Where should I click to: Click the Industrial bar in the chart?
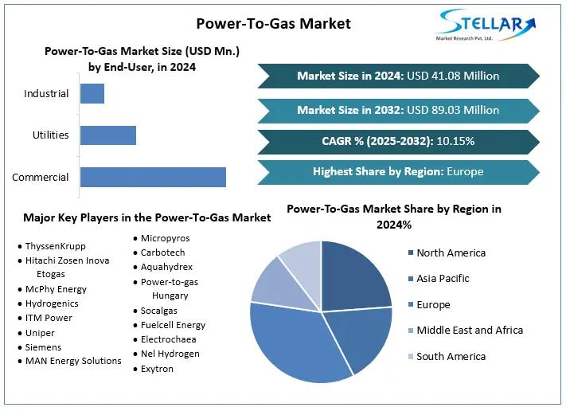(x=92, y=93)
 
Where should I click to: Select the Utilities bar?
(x=108, y=135)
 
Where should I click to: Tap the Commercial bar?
(x=153, y=177)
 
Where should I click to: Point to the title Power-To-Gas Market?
(x=273, y=23)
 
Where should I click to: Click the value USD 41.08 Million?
(x=453, y=76)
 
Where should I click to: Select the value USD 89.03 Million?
(x=453, y=110)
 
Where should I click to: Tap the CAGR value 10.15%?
(x=454, y=141)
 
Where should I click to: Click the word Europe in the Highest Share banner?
(x=465, y=171)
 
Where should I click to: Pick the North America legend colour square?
(x=410, y=253)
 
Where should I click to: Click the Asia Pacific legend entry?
(x=443, y=279)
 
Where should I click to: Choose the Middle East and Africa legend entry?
(x=469, y=331)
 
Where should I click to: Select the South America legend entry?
(x=450, y=356)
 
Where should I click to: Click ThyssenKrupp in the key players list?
(x=55, y=246)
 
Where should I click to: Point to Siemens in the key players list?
(x=43, y=346)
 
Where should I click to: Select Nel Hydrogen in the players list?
(x=170, y=354)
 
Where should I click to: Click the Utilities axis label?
(x=51, y=135)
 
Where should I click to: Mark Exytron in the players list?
(x=157, y=369)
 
